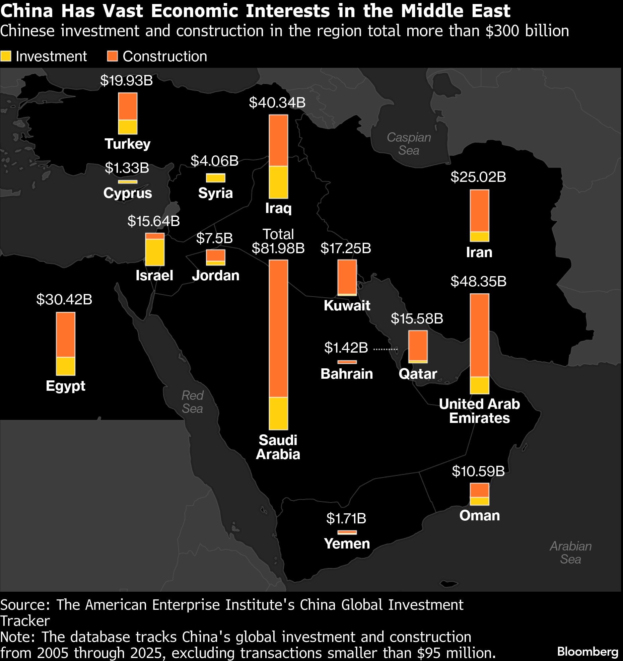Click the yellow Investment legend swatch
(6, 56)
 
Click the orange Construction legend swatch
(112, 56)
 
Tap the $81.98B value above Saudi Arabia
(278, 248)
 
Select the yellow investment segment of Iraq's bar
(278, 182)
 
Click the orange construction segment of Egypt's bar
(66, 335)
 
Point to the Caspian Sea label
(409, 144)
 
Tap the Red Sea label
(192, 402)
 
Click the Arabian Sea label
(570, 553)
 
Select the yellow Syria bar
(215, 178)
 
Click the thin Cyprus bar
(128, 182)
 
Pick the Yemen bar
(347, 532)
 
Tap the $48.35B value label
(478, 281)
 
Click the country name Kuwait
(347, 305)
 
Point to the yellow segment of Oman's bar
(479, 501)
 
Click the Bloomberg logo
(587, 652)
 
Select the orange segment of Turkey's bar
(128, 106)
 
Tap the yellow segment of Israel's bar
(155, 252)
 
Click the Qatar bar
(418, 346)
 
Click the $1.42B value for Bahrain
(346, 348)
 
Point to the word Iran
(479, 252)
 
